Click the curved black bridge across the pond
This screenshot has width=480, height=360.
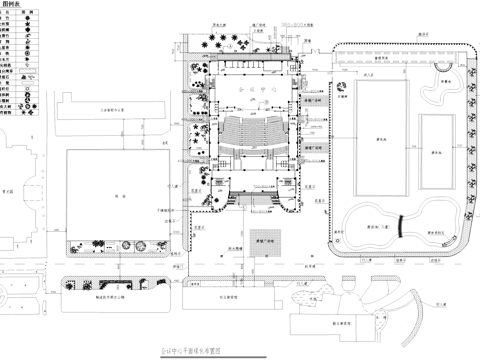tap(400, 227)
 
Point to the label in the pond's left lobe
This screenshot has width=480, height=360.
tap(376, 227)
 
